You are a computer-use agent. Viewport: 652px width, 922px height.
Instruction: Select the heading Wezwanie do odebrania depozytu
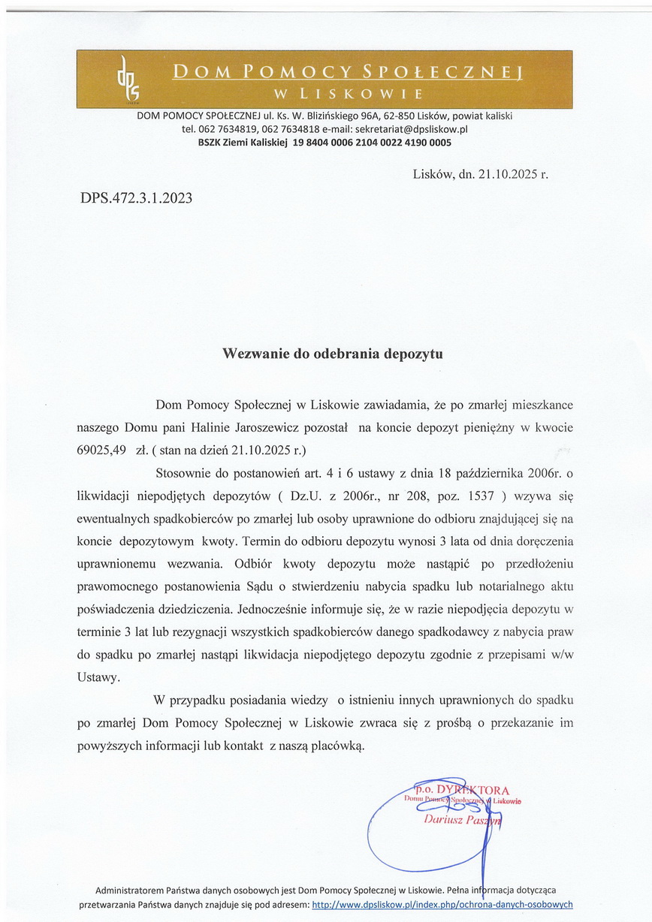coord(332,353)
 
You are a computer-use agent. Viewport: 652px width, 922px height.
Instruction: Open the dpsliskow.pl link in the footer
coord(442,904)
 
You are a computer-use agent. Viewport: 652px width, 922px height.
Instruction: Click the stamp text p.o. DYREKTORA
coord(461,790)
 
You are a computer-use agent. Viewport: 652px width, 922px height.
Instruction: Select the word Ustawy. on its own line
coord(98,676)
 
